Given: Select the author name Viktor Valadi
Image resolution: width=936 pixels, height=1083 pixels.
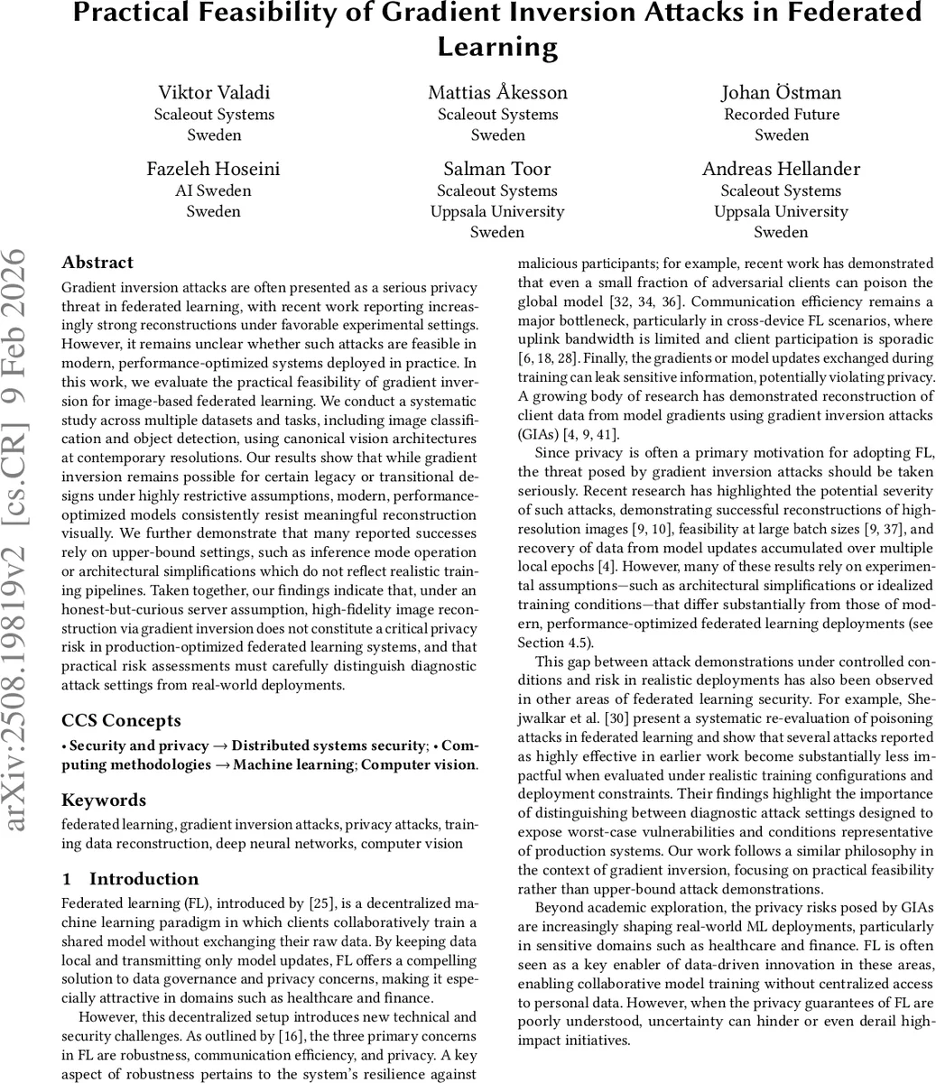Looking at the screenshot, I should tap(214, 92).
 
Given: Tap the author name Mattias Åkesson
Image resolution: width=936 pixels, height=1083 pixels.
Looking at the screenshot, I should tap(497, 92).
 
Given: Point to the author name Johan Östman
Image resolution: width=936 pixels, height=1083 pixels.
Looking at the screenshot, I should tap(781, 92).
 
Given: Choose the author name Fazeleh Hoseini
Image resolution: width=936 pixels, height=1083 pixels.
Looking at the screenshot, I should tap(213, 169).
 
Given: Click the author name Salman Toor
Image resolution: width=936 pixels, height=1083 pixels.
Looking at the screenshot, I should tap(497, 169).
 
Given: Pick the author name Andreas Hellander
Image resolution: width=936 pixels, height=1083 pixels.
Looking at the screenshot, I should tap(781, 169).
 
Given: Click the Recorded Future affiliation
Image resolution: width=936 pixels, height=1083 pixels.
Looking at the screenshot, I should tap(781, 114).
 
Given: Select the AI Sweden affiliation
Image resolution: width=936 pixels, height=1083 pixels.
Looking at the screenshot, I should tap(213, 190).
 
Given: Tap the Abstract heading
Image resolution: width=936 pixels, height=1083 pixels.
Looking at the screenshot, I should tap(97, 263).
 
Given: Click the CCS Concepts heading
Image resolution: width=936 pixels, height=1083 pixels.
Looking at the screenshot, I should tap(121, 720).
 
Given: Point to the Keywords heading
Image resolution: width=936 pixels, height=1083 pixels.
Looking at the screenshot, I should tap(104, 800).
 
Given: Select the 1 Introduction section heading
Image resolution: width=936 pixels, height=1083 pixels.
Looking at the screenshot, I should tap(132, 879).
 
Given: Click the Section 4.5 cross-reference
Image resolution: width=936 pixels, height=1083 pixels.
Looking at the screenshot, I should tap(553, 642).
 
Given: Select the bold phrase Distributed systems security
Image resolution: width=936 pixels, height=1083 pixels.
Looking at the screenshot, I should tap(329, 745).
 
